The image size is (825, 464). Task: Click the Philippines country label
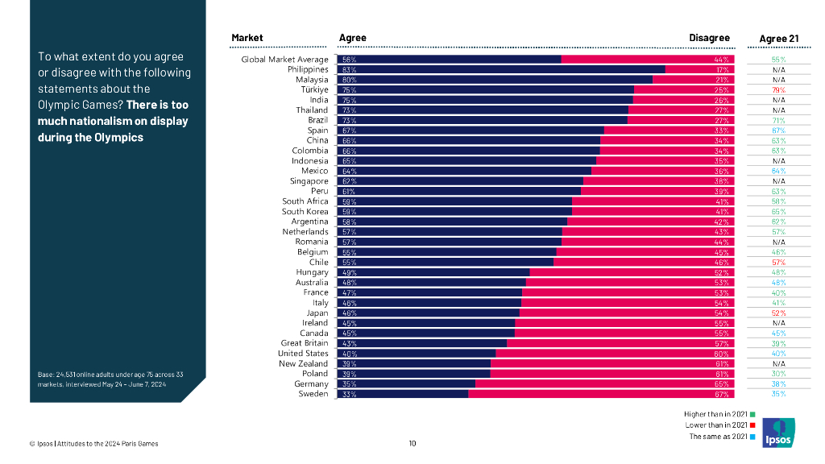(308, 70)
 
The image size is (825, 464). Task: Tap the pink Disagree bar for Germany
(604, 384)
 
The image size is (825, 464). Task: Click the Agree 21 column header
(779, 39)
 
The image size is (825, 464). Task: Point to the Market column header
(247, 38)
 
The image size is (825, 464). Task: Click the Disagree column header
(709, 38)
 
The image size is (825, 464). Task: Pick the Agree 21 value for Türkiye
(778, 90)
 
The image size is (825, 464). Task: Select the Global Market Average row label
(285, 60)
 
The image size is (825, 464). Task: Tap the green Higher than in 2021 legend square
(752, 415)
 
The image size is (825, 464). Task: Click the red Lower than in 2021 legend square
(752, 425)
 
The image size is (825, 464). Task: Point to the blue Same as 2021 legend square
(752, 437)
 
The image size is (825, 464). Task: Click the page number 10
(412, 443)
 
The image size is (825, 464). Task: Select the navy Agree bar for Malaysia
(492, 80)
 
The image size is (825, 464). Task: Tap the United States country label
(303, 354)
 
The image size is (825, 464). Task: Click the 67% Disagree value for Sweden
(721, 395)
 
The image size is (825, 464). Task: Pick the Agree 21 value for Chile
(778, 263)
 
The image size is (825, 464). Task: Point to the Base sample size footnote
(102, 379)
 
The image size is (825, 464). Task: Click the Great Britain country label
(305, 343)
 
